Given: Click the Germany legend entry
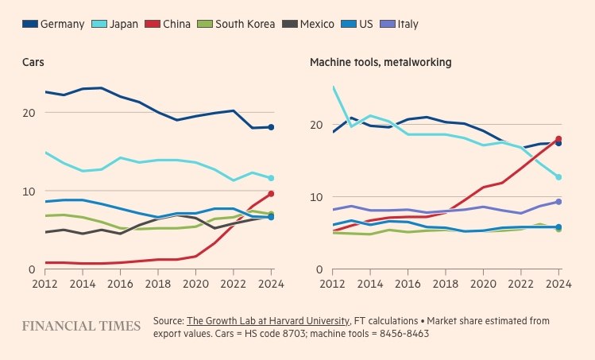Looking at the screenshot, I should (53, 24).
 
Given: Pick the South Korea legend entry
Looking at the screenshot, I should (236, 24).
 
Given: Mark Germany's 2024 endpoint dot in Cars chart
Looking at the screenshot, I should (271, 127).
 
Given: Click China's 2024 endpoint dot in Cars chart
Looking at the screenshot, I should (271, 194).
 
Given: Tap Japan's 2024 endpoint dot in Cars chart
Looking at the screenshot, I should (271, 178).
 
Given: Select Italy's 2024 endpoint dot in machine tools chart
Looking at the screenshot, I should (558, 202).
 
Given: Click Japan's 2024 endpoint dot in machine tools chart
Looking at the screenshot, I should (558, 177).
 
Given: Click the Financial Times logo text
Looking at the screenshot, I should (76, 327).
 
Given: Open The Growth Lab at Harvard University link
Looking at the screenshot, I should (268, 320).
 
